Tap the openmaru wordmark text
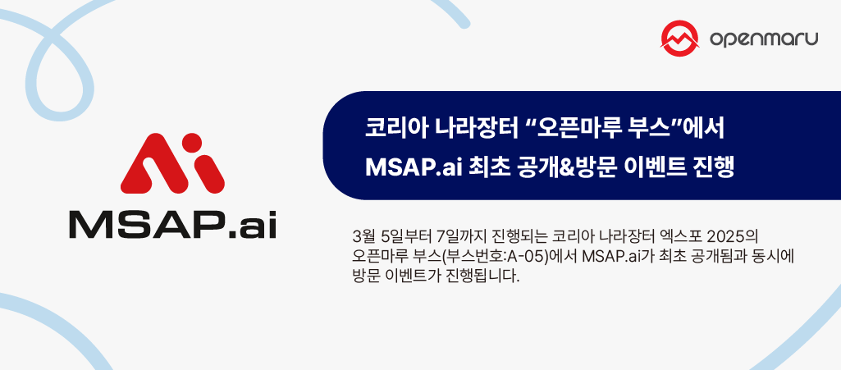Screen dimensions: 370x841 tap(762, 39)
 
